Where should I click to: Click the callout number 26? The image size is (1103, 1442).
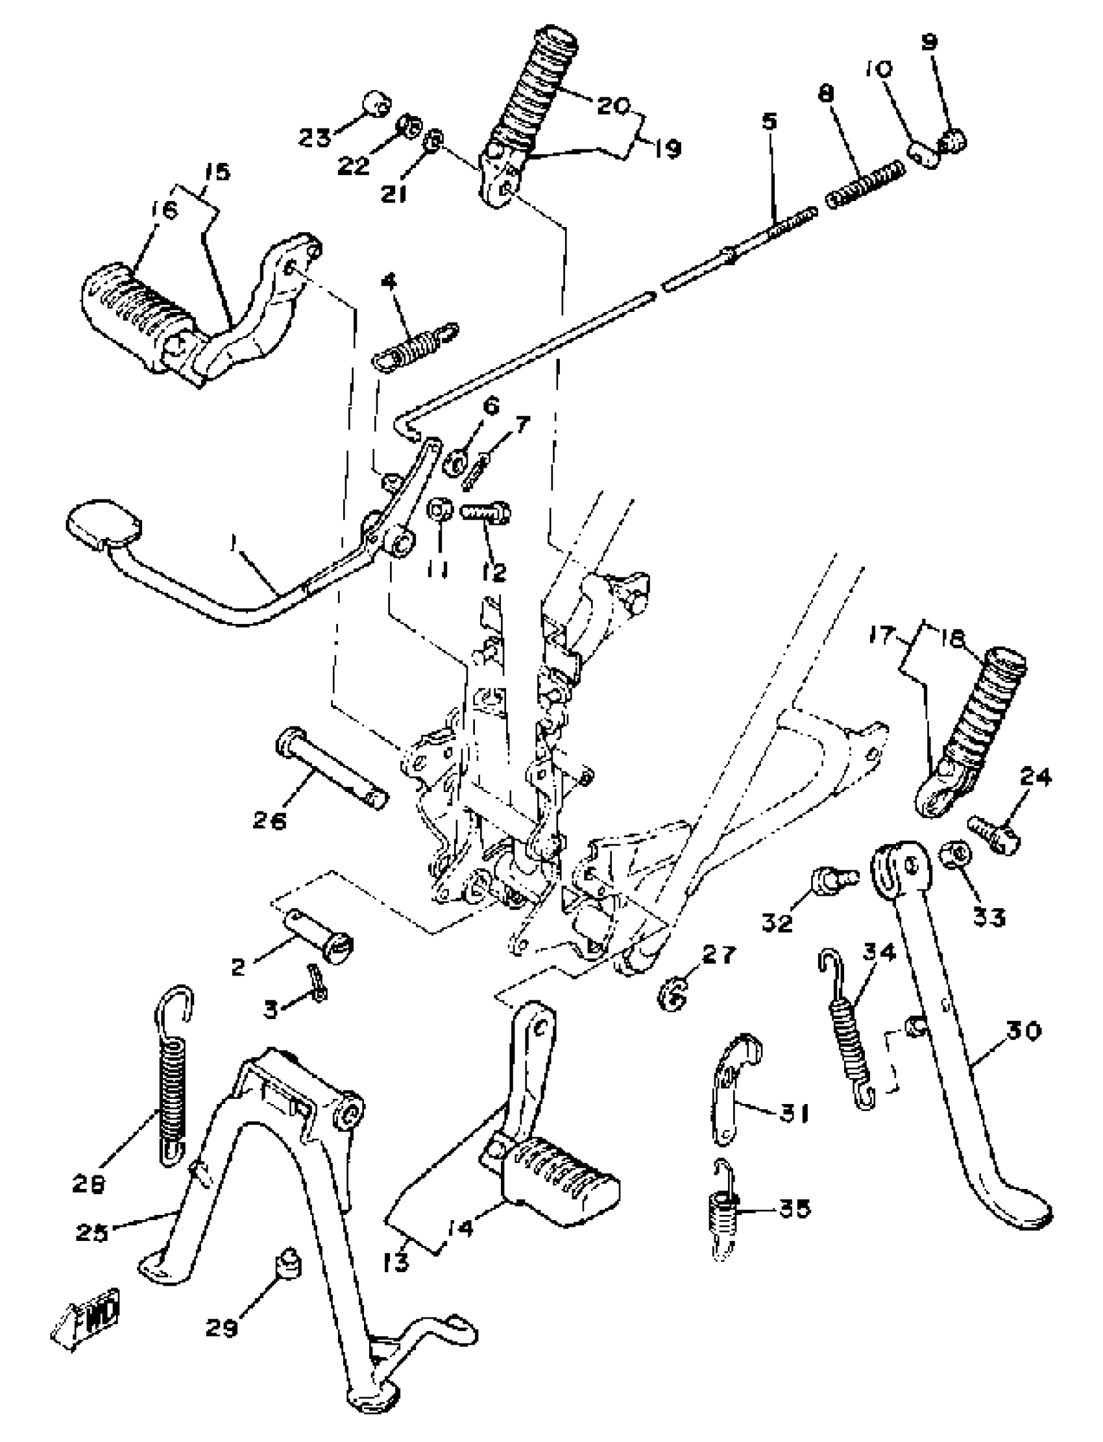point(270,821)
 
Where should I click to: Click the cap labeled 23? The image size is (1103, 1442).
point(377,104)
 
